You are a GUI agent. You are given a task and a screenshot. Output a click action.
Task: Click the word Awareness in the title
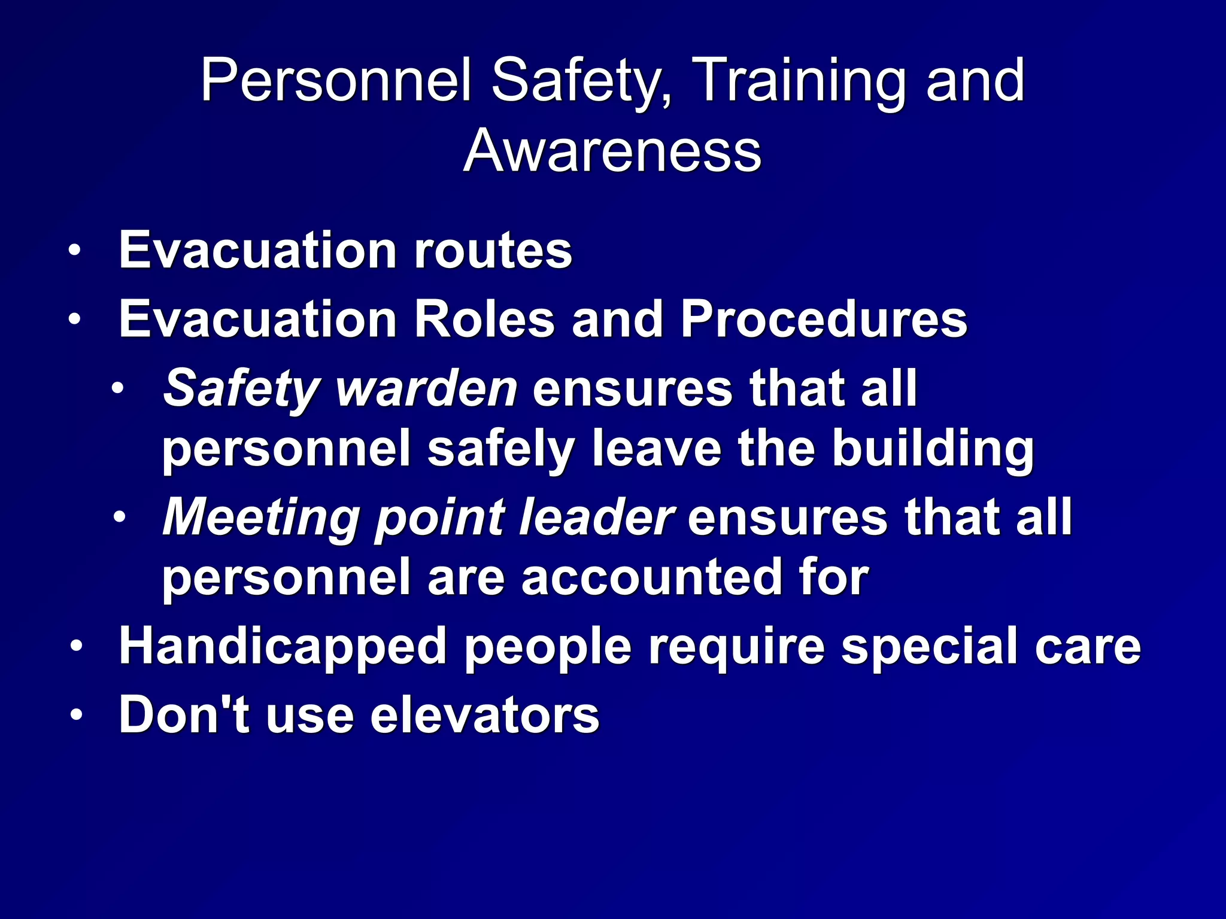[612, 151]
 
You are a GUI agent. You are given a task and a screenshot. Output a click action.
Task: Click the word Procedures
[824, 319]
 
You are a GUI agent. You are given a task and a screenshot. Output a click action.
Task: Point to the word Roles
[484, 319]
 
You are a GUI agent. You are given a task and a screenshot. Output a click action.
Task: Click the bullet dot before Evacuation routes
[74, 251]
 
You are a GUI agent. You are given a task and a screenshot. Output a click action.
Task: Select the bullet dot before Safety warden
[119, 389]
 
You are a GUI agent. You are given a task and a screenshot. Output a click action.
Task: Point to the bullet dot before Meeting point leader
[119, 518]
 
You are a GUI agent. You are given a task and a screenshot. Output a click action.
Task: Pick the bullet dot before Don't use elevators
[74, 716]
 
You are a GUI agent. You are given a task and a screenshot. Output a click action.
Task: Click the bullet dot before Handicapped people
[74, 647]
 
